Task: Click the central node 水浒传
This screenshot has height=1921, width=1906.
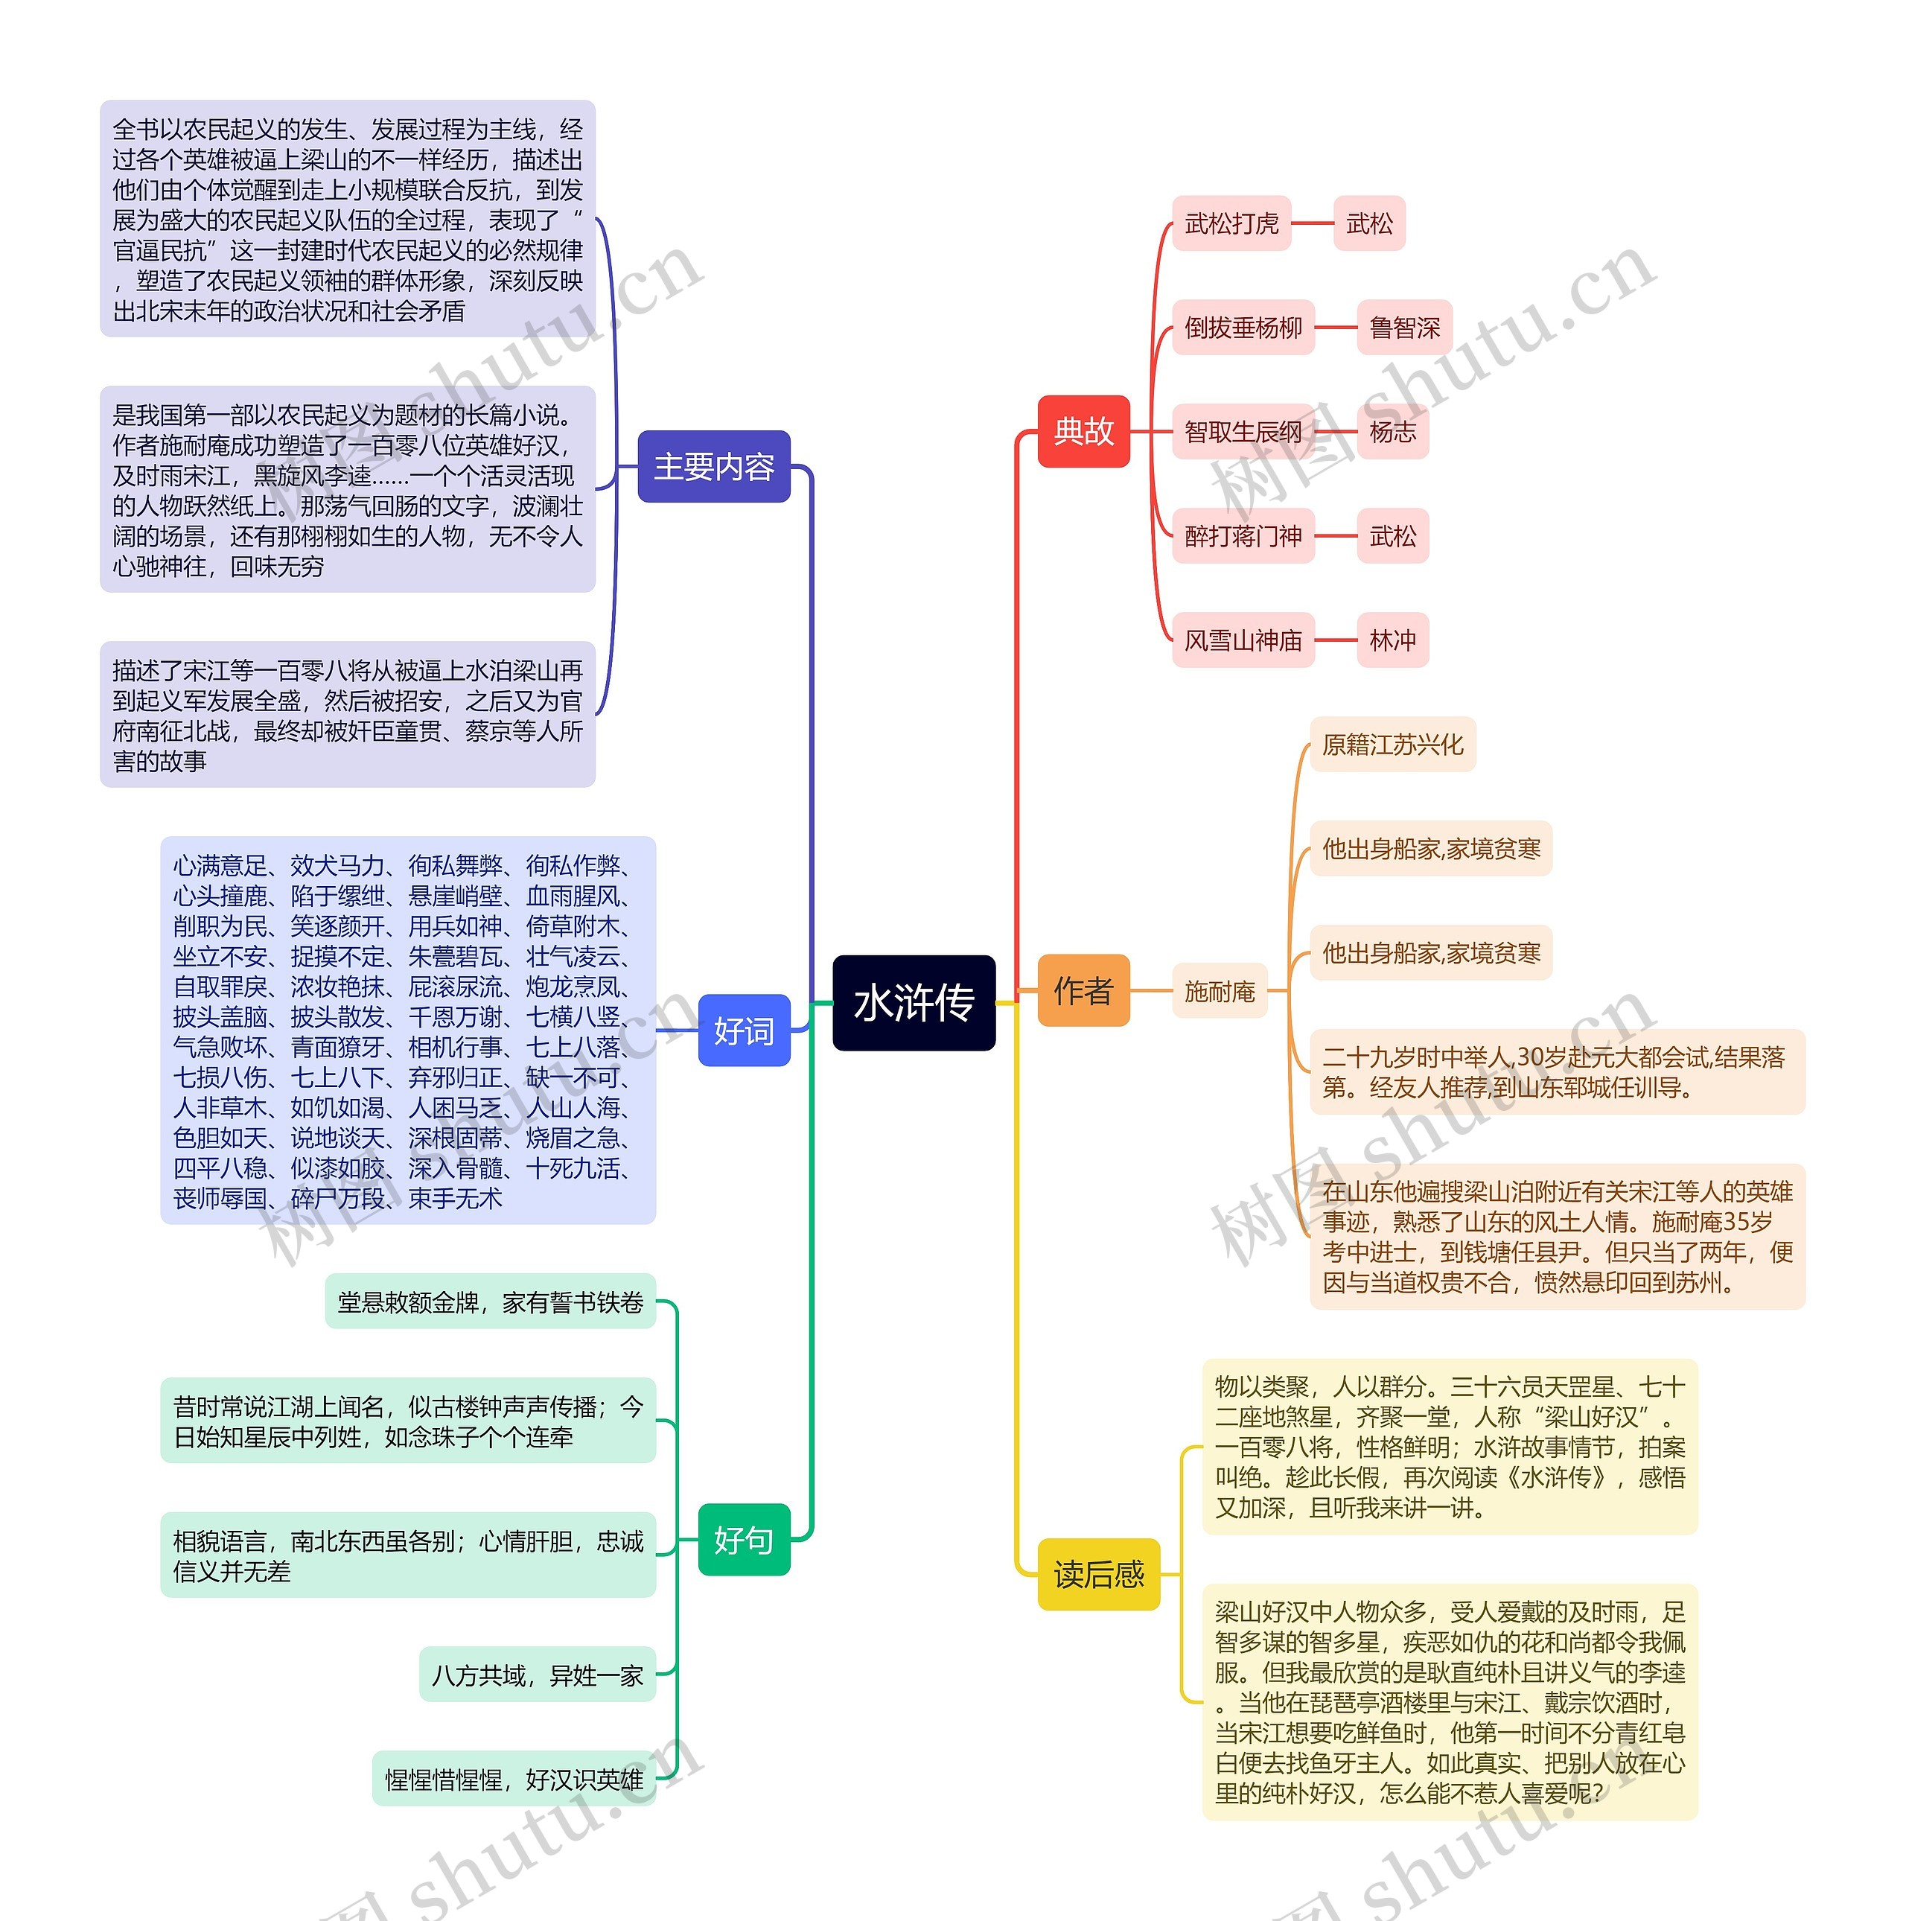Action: [913, 1002]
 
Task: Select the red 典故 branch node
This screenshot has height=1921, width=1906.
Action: [1083, 432]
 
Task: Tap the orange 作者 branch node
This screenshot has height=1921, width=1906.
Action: [1083, 990]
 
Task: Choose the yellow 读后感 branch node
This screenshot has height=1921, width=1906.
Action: [1097, 1574]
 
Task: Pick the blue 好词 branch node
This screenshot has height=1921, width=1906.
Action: [743, 1030]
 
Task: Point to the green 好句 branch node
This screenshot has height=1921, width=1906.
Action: [743, 1539]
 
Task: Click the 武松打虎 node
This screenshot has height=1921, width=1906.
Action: [1231, 223]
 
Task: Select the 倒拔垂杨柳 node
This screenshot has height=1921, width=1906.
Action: [1243, 327]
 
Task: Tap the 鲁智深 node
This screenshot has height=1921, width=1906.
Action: [1404, 327]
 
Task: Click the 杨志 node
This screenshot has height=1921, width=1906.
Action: [1392, 432]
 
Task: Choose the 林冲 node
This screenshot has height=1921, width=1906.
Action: [1392, 640]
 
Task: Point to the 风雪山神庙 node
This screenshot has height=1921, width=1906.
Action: [1243, 640]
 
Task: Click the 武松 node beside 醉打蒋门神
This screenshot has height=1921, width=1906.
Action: [1392, 536]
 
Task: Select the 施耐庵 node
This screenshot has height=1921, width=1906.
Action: [1219, 990]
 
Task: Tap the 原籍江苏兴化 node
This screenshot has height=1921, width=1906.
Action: [1392, 745]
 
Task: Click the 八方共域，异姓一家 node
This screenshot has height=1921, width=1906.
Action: [537, 1675]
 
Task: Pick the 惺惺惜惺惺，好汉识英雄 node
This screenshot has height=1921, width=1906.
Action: [514, 1780]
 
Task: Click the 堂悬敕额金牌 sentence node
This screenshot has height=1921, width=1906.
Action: [490, 1302]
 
